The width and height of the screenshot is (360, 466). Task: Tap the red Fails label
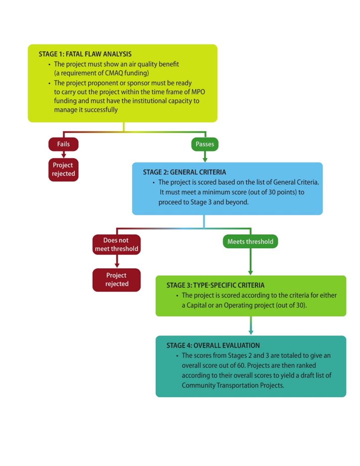[63, 144]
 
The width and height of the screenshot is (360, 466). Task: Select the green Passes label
[205, 144]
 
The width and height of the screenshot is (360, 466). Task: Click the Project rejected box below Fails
[63, 169]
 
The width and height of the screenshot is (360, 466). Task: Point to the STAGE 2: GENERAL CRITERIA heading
[184, 172]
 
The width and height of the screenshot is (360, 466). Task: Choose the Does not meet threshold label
[116, 244]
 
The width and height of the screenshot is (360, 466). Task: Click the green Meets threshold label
[250, 241]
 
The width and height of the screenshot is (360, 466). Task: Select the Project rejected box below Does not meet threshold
[116, 280]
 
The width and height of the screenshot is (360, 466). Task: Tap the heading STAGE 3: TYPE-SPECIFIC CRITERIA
[215, 286]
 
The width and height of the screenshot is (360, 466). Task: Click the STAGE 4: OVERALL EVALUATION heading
[213, 345]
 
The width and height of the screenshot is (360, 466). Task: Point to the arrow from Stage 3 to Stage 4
[250, 326]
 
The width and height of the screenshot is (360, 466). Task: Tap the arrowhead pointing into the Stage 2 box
[205, 159]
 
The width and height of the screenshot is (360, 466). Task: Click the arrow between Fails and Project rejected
[63, 155]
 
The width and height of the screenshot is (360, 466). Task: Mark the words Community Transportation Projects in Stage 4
[232, 385]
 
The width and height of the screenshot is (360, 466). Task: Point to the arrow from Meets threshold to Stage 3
[250, 262]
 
